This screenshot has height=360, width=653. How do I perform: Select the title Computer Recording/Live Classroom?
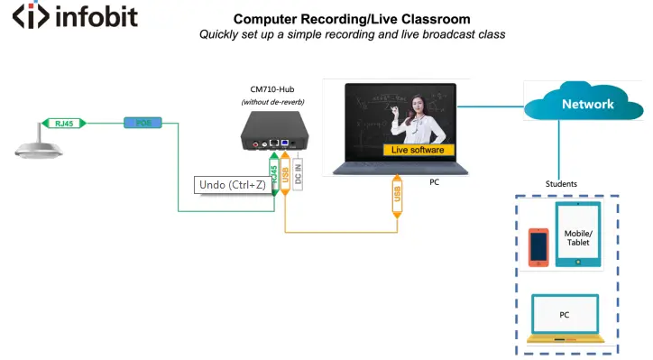[x=352, y=19]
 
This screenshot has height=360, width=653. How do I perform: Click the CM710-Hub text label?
[x=273, y=89]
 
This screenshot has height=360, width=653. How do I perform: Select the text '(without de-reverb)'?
[x=273, y=102]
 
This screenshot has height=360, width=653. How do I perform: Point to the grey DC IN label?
[x=298, y=171]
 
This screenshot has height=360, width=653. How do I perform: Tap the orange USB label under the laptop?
[x=397, y=193]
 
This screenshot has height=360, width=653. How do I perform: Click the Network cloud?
[x=587, y=104]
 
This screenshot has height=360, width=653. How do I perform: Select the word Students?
[x=561, y=184]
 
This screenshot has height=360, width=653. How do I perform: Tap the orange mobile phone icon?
[x=538, y=246]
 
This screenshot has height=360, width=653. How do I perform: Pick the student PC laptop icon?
[x=565, y=316]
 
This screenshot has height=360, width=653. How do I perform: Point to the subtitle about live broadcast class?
[x=352, y=34]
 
